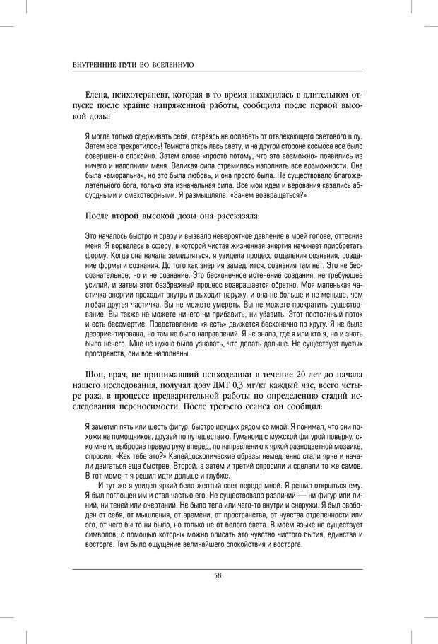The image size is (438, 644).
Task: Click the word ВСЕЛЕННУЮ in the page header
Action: point(170,64)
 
